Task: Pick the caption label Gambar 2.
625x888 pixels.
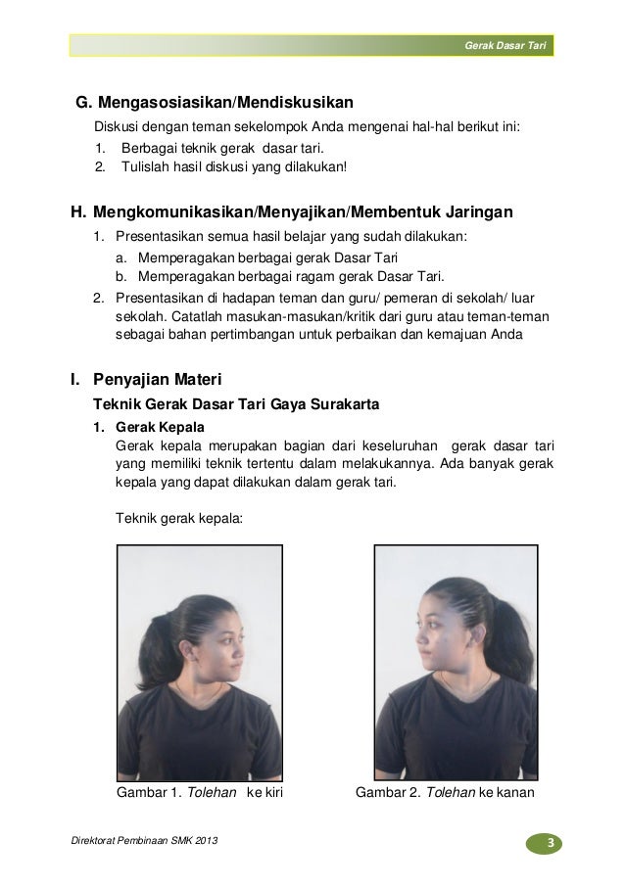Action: [x=385, y=790]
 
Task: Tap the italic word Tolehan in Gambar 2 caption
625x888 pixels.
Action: [x=450, y=790]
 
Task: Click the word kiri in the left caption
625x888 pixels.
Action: [x=270, y=790]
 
